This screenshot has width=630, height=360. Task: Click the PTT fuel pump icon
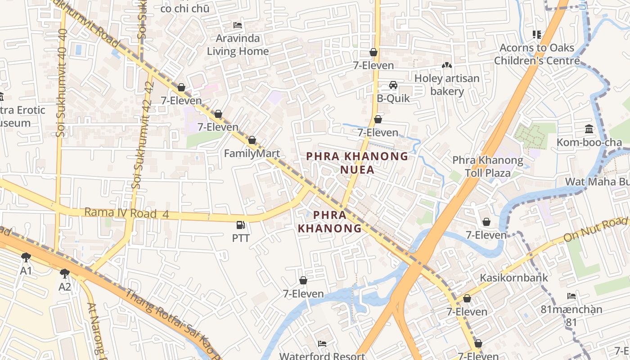(x=241, y=225)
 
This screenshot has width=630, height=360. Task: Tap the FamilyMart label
(x=252, y=153)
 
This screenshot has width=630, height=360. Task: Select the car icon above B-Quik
(x=393, y=85)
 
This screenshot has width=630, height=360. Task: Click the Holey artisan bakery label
(x=446, y=85)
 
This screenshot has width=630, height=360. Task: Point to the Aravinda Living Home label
(x=238, y=45)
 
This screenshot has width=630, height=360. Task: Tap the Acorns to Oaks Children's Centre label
(x=536, y=54)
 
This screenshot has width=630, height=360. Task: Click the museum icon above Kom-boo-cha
(x=589, y=130)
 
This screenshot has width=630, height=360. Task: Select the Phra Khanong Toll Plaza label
(x=487, y=166)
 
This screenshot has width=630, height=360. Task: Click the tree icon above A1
(x=26, y=257)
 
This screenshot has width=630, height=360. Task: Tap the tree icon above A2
(x=65, y=273)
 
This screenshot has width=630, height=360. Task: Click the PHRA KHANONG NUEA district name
(x=357, y=163)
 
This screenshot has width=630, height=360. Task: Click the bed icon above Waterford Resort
(x=322, y=344)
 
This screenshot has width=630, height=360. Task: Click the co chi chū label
(x=184, y=8)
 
